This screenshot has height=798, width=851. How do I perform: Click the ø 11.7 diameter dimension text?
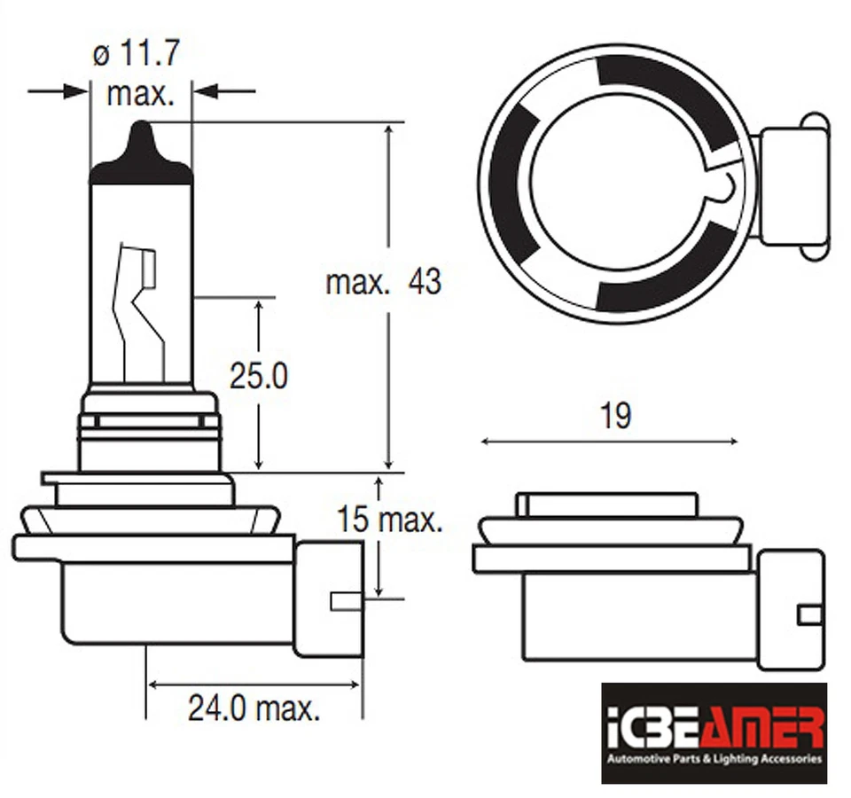coord(137,54)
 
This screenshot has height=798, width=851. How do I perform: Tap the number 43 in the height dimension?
coord(424,283)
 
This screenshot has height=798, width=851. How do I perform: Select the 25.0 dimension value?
coord(259,377)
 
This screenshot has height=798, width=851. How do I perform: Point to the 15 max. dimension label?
coord(389,520)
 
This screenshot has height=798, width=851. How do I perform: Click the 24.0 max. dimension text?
coord(254,708)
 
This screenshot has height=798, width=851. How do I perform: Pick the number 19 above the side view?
coord(615,415)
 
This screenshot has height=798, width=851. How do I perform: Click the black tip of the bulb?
coord(142,156)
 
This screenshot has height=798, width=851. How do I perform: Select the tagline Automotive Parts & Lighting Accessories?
coord(714,760)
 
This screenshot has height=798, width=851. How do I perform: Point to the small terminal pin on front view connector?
coord(345,601)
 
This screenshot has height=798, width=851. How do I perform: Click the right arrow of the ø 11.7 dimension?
coord(225,90)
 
